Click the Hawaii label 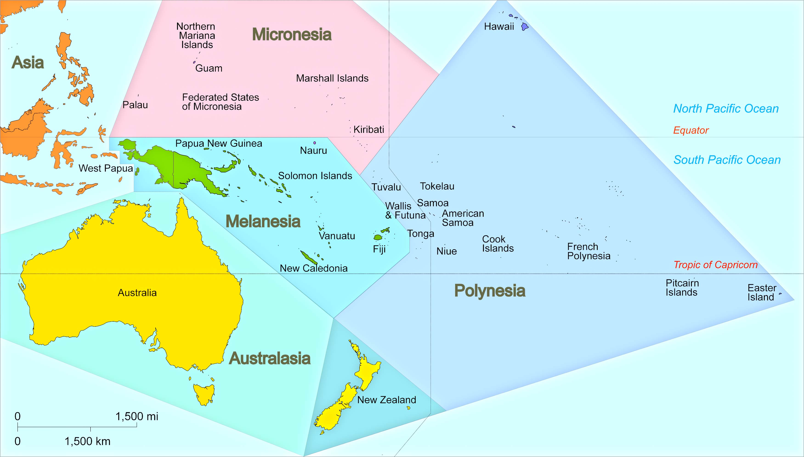pos(499,27)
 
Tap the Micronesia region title pos(292,34)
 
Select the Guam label pos(209,69)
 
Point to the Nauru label pos(313,151)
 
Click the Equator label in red pos(691,130)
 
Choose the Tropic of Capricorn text pos(716,265)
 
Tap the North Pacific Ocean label pos(726,109)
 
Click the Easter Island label pos(762,293)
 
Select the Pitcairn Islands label pos(682,288)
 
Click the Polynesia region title pos(490,291)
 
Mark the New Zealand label pos(387,400)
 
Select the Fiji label pos(379,249)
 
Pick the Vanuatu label pos(337,236)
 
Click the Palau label pos(135,105)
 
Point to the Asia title pos(28,63)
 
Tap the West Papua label pos(106,169)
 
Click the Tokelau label pos(437,186)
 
